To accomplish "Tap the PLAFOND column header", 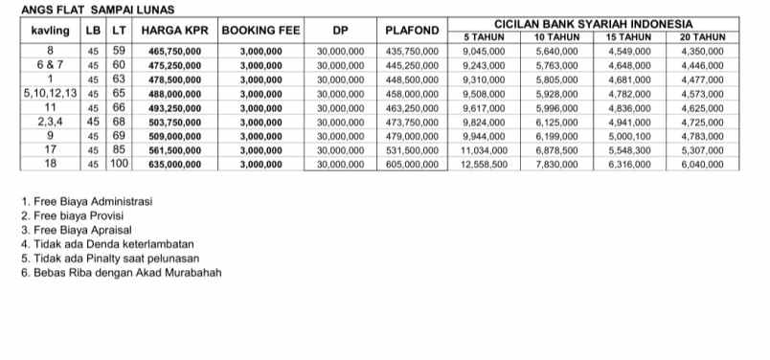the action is point(412,30).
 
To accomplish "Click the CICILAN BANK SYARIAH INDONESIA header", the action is point(593,23).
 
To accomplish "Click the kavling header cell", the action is point(50,30).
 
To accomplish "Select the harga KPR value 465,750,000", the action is point(174,50).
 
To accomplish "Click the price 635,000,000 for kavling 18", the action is point(174,165).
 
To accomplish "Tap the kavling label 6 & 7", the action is point(50,64).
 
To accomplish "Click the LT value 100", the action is point(118,164).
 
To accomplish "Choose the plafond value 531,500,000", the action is point(412,150).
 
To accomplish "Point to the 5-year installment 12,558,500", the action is point(484,165).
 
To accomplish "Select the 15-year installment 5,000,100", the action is point(629,136).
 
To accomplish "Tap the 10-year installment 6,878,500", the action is point(556,150).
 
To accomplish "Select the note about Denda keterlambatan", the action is point(96,244).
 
